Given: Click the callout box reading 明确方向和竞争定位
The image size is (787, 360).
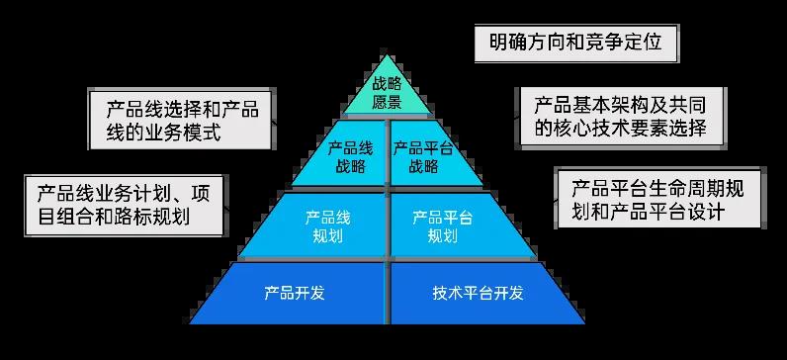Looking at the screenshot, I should tap(574, 43).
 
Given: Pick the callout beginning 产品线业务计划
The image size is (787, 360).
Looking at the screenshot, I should tap(125, 205).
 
